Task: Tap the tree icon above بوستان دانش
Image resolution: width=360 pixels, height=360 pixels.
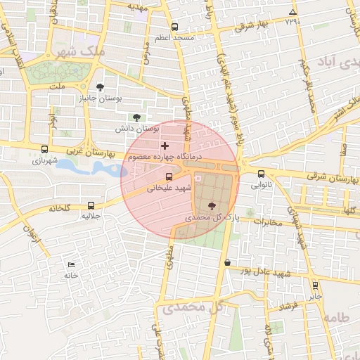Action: pos(136,117)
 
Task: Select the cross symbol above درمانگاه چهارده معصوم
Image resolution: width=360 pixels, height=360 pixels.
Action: pos(165,146)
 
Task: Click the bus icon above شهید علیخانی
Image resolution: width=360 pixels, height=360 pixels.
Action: pos(168,177)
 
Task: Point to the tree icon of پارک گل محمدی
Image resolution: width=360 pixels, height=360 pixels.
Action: pos(213,206)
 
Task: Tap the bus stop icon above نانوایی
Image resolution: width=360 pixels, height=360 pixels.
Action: pos(261,174)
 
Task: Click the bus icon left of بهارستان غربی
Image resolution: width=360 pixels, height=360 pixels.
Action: pos(45,149)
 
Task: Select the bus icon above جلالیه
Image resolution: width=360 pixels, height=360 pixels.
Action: pos(91,205)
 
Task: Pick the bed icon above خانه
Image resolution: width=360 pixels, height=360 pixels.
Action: pos(70,264)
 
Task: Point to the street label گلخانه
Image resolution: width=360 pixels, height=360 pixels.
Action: pos(63,208)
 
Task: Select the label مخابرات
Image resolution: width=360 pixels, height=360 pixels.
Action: pos(266,223)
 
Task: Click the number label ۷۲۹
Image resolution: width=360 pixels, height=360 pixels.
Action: pos(292,21)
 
